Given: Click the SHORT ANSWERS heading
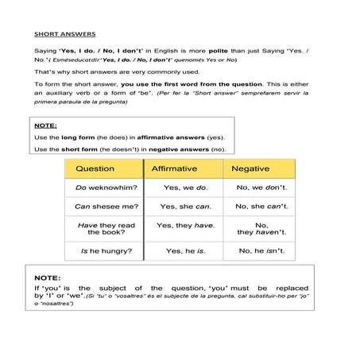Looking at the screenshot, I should tap(65, 34).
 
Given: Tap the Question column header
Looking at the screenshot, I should tap(95, 168).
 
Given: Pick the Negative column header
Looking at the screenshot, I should tap(250, 168).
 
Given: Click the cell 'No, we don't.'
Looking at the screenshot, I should tap(261, 188).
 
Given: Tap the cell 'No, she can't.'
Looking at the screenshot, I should tap(261, 207).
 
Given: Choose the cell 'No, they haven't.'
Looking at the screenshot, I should tap(261, 229).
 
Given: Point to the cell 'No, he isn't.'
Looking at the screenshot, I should tap(261, 251).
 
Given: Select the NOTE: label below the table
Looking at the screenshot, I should tap(48, 277).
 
